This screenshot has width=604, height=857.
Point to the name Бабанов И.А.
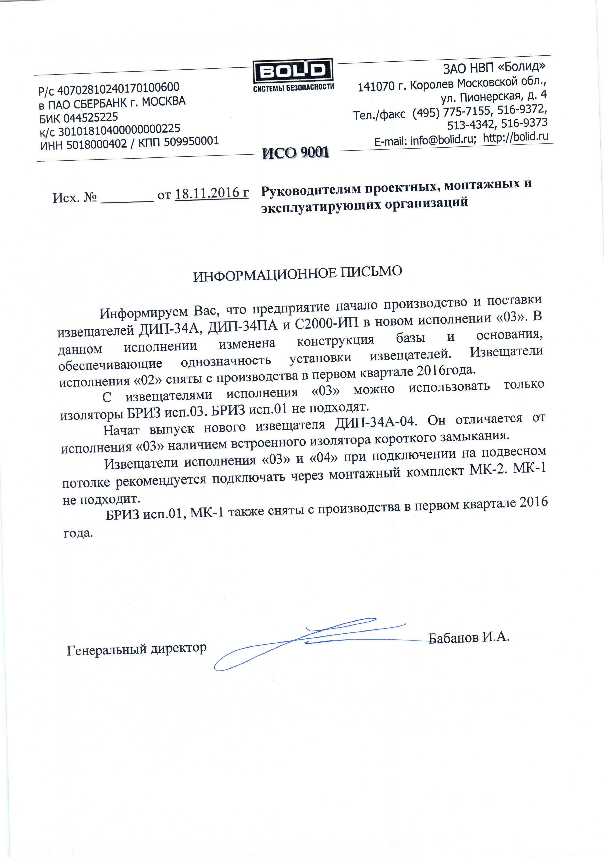469,637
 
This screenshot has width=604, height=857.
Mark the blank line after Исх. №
127,199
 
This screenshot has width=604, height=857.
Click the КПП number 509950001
192,141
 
